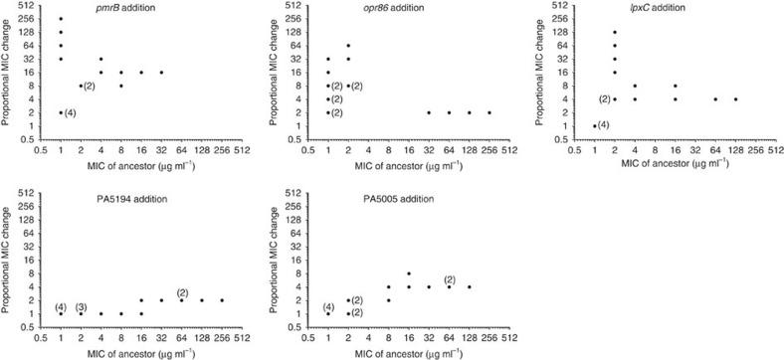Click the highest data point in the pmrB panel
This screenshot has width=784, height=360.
coord(61,19)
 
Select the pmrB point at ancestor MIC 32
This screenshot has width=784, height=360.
coord(161,73)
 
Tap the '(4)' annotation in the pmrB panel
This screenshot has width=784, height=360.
coord(72,112)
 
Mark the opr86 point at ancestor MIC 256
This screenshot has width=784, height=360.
coord(490,112)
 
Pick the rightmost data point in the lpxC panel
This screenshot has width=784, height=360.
coord(735,98)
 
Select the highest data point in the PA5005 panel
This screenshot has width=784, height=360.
coord(409,273)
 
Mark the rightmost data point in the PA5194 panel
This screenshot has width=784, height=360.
coord(222,300)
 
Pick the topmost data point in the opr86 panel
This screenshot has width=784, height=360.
coord(348,46)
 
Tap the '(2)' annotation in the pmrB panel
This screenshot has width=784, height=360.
coord(90,86)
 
